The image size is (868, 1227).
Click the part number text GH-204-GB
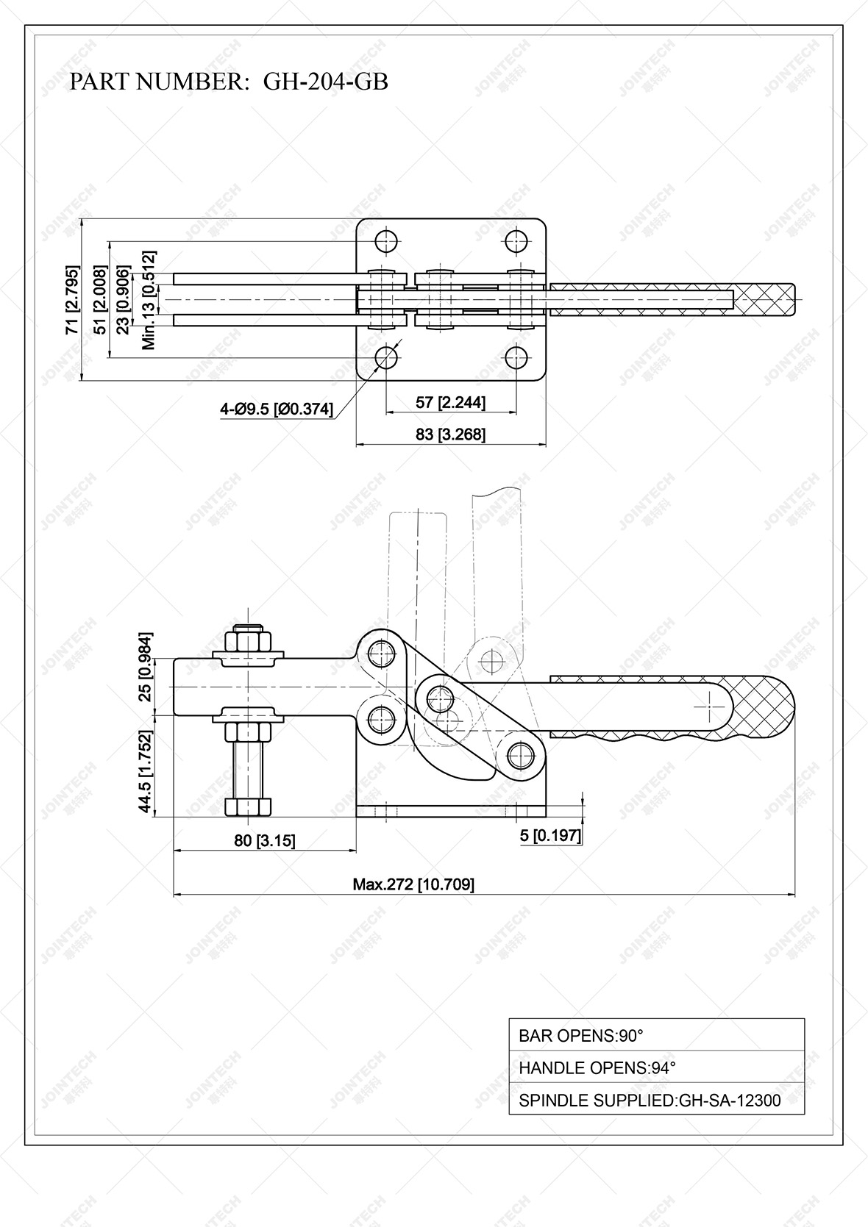tap(325, 82)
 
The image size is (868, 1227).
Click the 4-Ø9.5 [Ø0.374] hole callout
tap(276, 409)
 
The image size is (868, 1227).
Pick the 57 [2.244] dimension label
tap(450, 402)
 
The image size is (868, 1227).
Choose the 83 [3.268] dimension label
tap(450, 434)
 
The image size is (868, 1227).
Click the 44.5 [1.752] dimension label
tap(146, 771)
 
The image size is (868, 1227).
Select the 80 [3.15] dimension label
tap(265, 840)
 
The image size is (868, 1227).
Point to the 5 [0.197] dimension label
tap(550, 835)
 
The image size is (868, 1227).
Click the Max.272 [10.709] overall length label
tap(413, 884)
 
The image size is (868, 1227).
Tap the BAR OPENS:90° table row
tap(656, 1036)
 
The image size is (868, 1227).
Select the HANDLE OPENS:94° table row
tap(656, 1068)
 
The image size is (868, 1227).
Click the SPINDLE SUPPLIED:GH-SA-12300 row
tap(656, 1101)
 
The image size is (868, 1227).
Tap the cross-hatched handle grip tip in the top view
tap(769, 299)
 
